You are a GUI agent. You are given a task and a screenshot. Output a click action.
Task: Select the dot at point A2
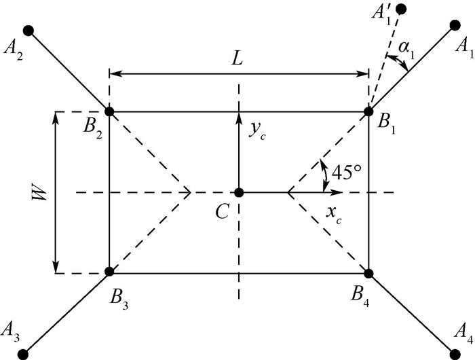point(28,30)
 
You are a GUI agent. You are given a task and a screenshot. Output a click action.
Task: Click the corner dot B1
point(369,111)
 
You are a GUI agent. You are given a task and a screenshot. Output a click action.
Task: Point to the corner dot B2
point(109,111)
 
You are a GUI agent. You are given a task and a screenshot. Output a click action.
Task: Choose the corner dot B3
point(109,273)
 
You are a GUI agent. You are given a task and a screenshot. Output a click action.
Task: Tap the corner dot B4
point(369,273)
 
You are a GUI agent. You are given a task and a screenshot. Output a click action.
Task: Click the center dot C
point(239,192)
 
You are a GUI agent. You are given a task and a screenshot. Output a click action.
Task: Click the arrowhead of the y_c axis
point(239,118)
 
